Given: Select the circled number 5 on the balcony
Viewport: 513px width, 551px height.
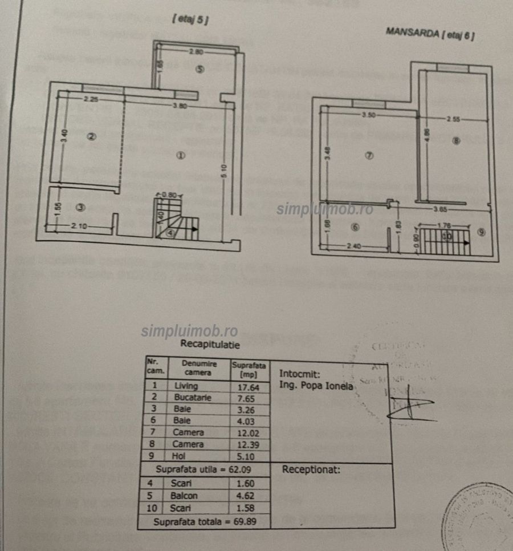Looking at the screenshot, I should click(199, 70).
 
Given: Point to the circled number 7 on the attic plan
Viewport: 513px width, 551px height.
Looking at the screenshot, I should click(369, 156).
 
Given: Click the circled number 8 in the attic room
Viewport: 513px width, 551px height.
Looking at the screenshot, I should click(455, 141).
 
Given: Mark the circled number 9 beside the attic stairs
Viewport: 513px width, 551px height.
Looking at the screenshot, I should click(481, 232).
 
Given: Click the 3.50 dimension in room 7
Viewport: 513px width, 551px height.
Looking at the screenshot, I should click(369, 115).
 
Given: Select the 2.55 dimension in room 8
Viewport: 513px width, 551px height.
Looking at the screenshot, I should click(453, 120).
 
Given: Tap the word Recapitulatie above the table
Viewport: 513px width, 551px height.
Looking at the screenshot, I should click(210, 344).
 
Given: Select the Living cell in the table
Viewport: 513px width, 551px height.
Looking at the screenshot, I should click(186, 386).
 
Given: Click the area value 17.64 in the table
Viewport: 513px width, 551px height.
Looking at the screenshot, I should click(247, 386).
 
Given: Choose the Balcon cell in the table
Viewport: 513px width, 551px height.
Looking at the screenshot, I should click(184, 496).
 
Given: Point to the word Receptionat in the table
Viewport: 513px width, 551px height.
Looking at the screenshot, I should click(311, 470).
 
